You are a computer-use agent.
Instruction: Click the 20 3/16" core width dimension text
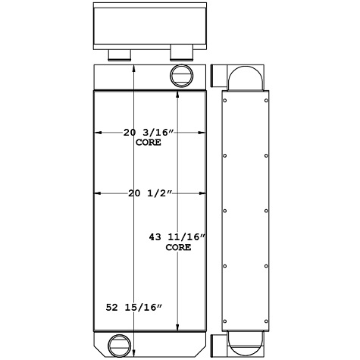point(149,133)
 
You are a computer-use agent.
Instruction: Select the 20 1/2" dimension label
point(149,194)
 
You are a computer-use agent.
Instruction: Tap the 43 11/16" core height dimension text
point(178,238)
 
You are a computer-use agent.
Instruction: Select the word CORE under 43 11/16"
point(178,248)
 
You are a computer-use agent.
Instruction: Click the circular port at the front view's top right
point(182,74)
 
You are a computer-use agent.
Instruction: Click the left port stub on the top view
point(120,55)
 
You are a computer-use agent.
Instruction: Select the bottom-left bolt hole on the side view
point(226,318)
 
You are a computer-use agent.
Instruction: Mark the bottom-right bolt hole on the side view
point(266,318)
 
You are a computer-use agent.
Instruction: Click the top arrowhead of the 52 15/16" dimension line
point(134,68)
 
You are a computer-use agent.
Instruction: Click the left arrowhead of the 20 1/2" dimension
point(97,194)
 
